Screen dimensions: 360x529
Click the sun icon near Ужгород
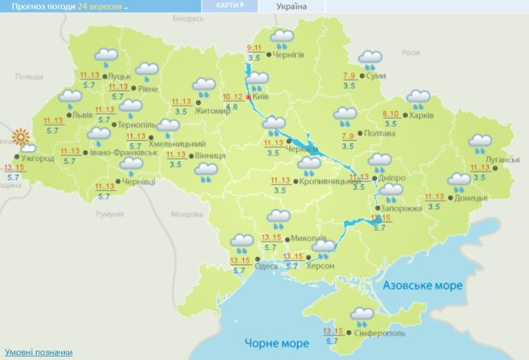[x=20, y=136]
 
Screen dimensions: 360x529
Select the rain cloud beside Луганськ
[x=480, y=142]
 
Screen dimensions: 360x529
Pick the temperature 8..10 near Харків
[x=391, y=113]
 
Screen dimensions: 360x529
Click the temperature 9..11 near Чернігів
[x=254, y=48]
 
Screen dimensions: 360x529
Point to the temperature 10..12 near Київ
[x=233, y=96]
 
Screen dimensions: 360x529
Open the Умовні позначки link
[x=38, y=351]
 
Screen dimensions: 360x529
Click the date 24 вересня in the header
[x=100, y=6]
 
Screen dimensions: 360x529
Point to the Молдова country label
[x=185, y=215]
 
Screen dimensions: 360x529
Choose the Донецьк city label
[x=471, y=198]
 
